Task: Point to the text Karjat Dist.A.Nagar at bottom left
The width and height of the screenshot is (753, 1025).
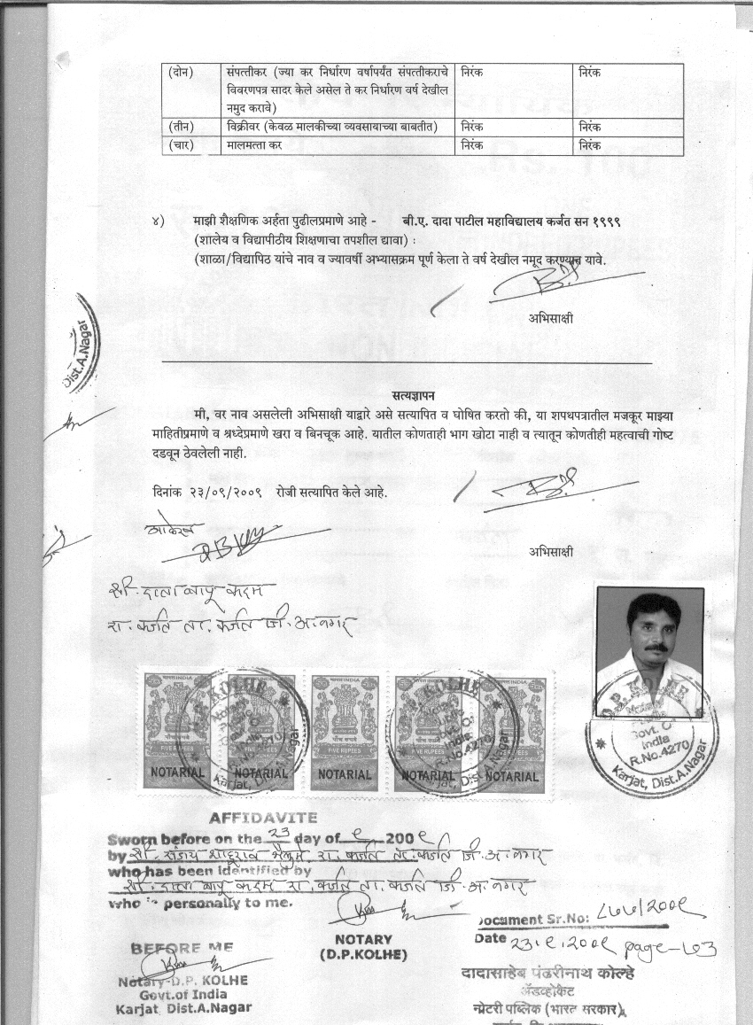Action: click(182, 1007)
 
